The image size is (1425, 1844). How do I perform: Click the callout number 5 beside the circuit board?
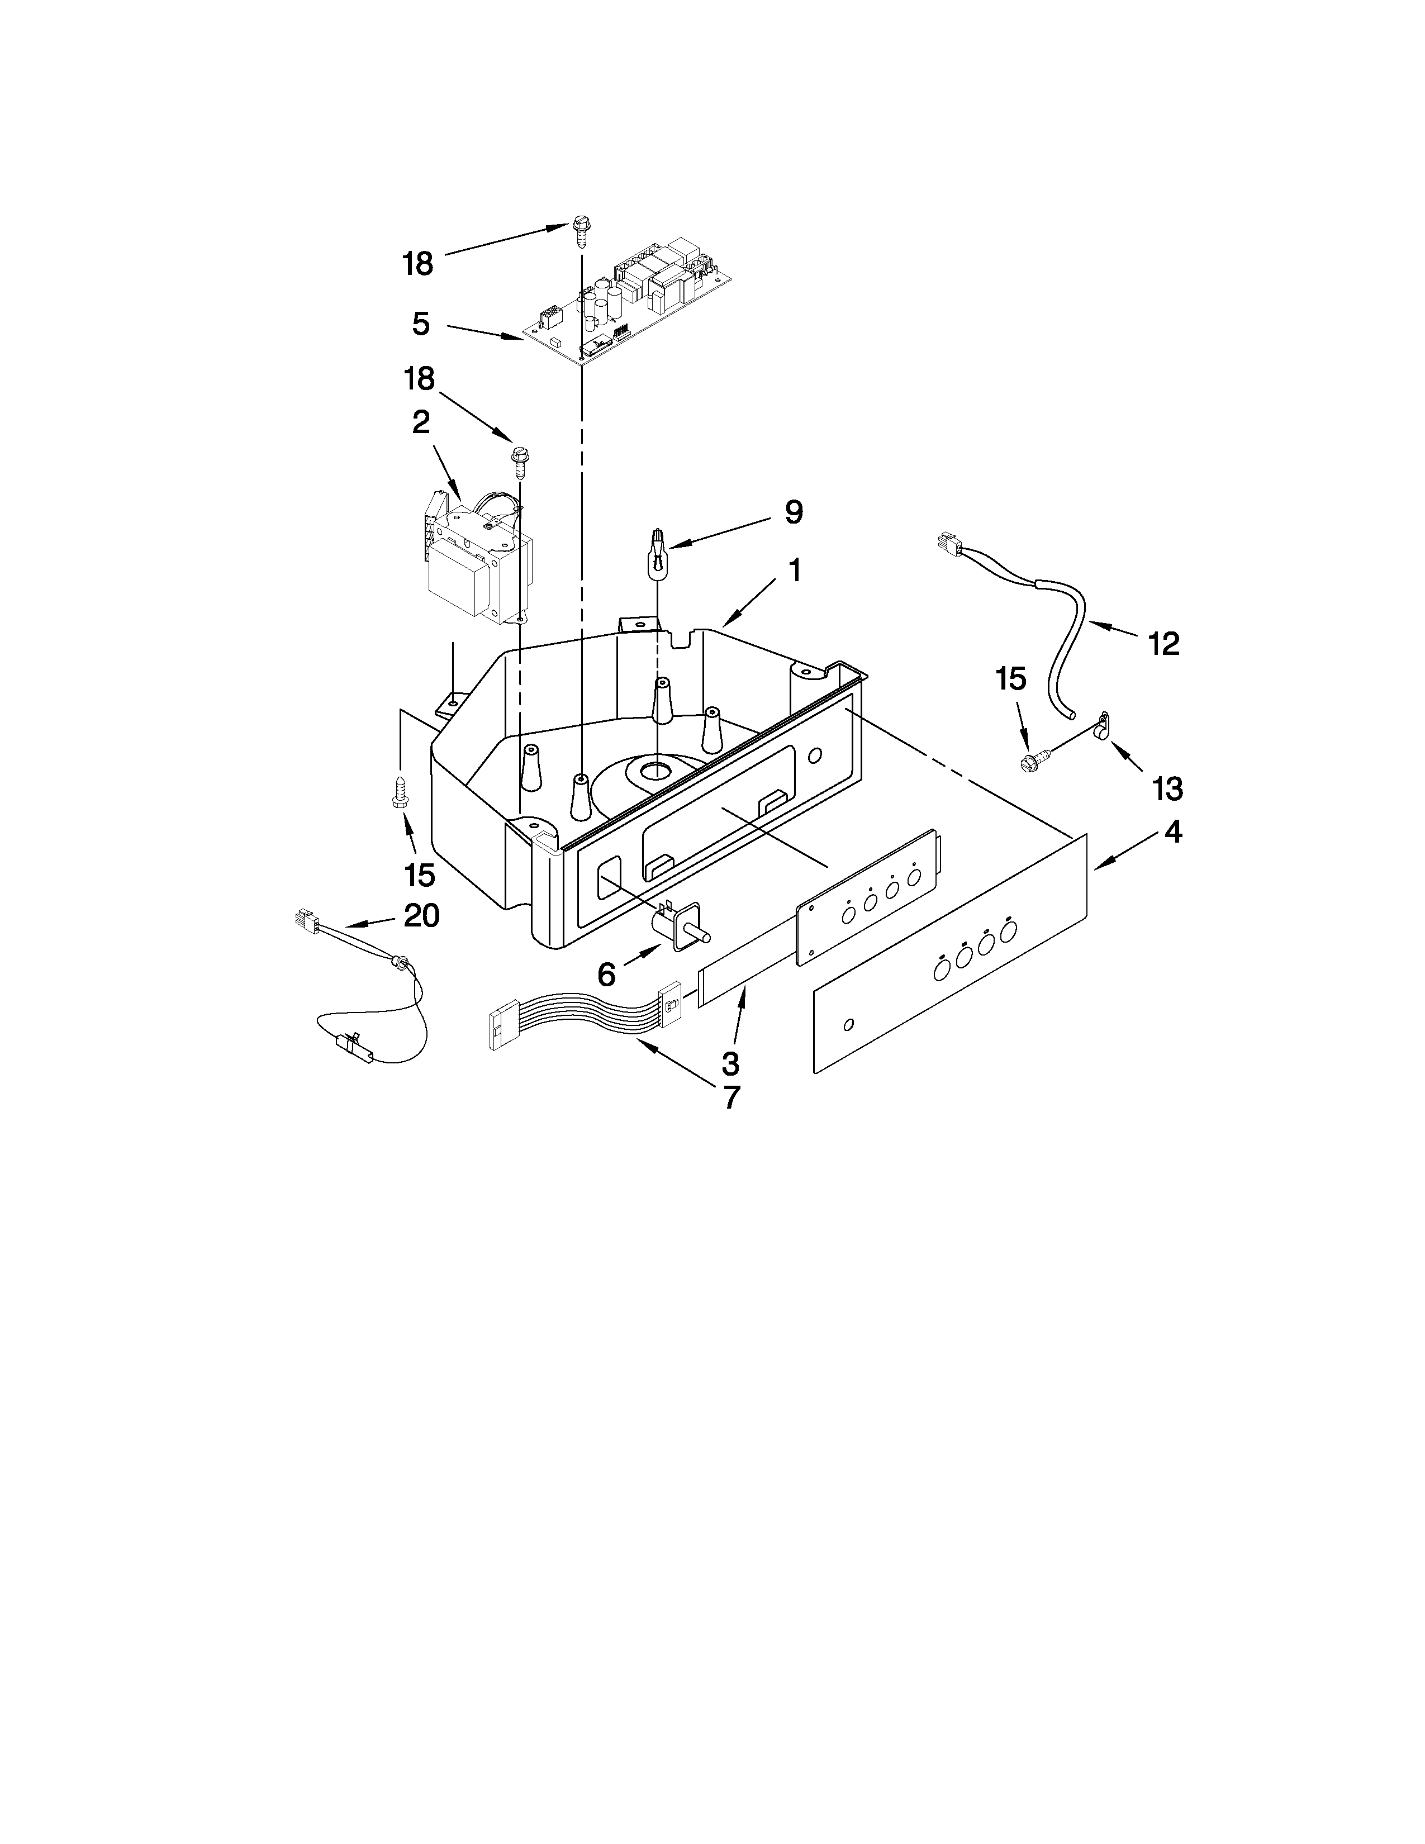[x=420, y=324]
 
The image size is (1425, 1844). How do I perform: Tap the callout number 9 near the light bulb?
[x=794, y=512]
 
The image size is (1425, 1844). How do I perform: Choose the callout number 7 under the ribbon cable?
[x=730, y=1097]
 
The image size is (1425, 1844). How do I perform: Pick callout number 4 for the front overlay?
[x=1172, y=833]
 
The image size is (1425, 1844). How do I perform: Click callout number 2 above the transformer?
[x=420, y=421]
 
